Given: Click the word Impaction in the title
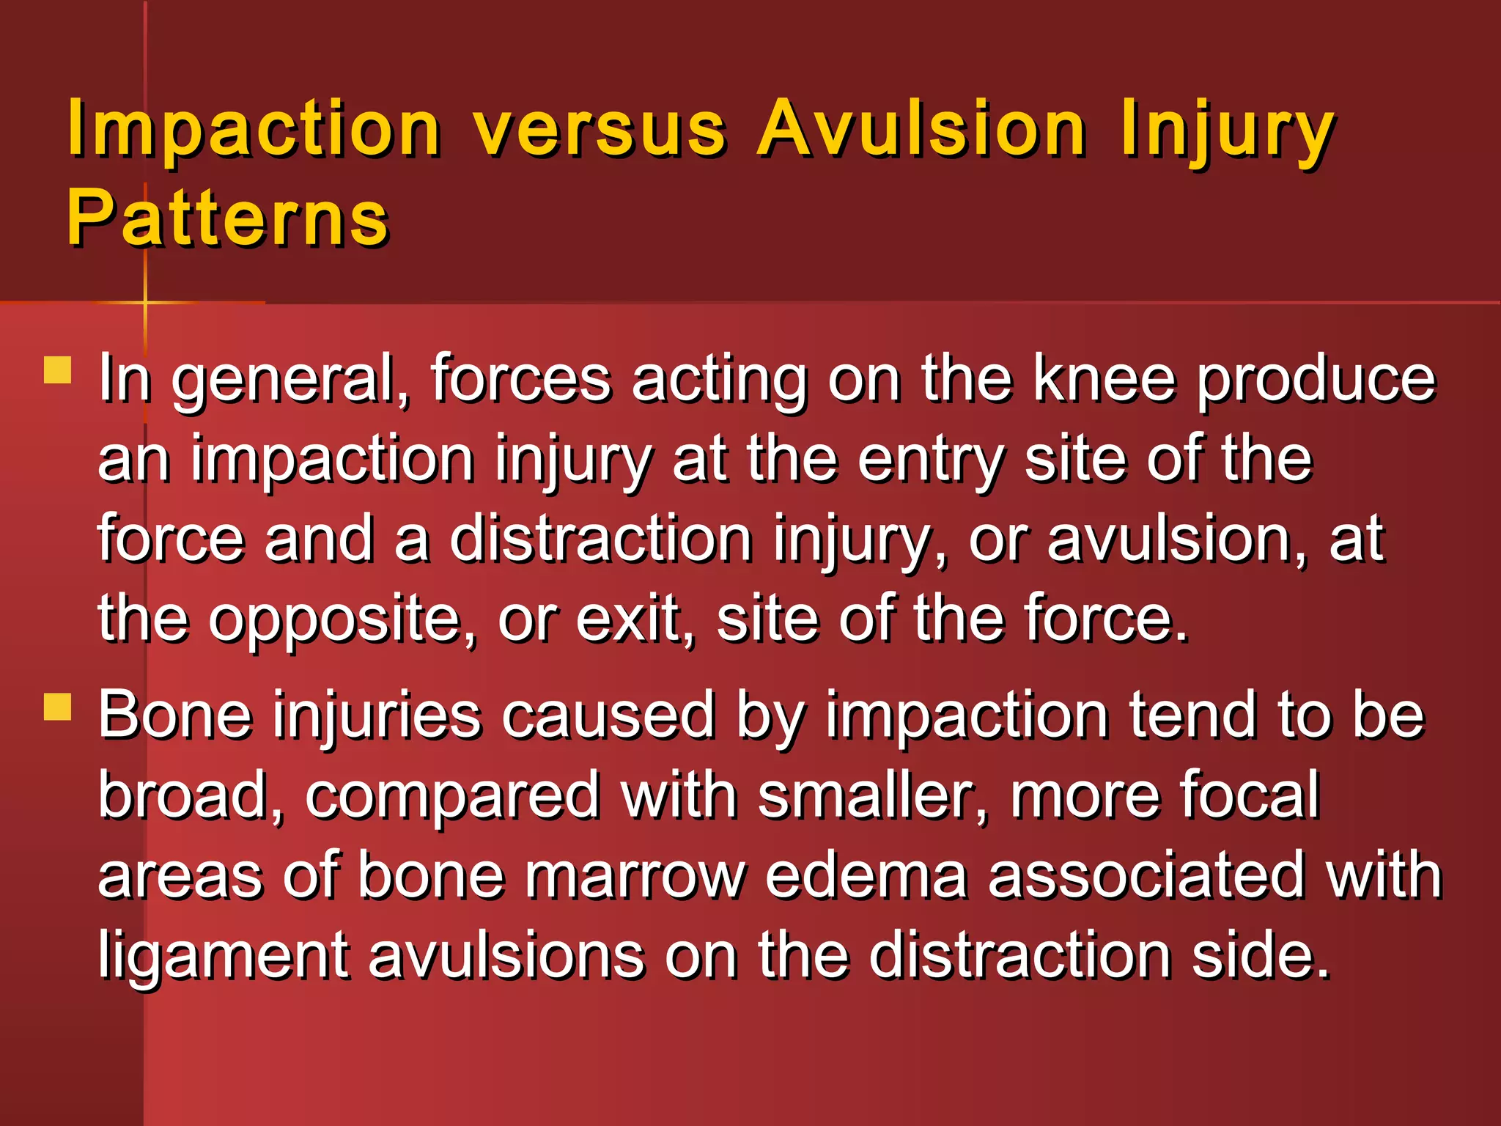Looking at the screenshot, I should (254, 130).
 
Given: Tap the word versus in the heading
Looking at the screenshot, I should (599, 130).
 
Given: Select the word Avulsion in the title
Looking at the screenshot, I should (921, 130).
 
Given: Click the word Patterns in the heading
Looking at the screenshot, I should (227, 218).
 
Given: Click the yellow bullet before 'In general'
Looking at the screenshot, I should (57, 370).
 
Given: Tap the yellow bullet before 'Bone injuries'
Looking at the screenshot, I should (57, 707).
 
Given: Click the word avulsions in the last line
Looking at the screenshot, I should (506, 956).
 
